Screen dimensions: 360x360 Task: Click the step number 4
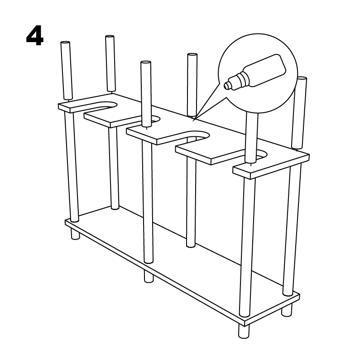[x=35, y=36]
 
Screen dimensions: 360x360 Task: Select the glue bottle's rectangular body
[x=264, y=70]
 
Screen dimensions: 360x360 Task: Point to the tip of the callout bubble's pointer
[x=192, y=120]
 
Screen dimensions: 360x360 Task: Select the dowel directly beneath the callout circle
[x=252, y=138]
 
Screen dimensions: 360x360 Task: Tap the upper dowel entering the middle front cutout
[x=146, y=94]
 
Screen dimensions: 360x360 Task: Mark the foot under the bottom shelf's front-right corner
[x=244, y=331]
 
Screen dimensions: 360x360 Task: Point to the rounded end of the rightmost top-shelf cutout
[x=264, y=154]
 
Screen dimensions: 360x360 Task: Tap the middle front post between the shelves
[x=148, y=202]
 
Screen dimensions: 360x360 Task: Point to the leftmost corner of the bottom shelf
[x=65, y=221]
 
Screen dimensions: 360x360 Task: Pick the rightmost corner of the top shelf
[x=308, y=156]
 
